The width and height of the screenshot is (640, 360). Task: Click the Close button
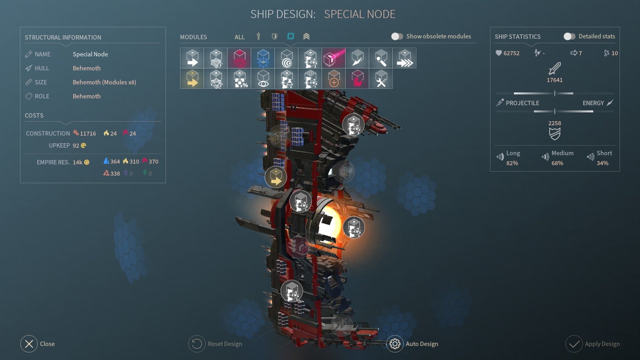(29, 344)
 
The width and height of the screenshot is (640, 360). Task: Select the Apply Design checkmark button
(574, 344)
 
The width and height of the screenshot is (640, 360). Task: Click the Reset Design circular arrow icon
(196, 344)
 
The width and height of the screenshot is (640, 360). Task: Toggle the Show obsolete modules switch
(397, 36)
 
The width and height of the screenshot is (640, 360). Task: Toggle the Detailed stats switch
(569, 36)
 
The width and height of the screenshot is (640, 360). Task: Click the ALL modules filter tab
(240, 37)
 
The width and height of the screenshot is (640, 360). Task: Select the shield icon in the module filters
(274, 36)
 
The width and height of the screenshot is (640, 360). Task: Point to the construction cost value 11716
(88, 134)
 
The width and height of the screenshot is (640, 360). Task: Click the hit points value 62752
(511, 53)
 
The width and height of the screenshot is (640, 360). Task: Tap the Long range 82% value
(512, 163)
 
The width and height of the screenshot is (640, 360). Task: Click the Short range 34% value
(602, 163)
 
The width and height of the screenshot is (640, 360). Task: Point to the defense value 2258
(554, 123)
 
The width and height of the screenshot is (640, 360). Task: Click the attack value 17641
(554, 80)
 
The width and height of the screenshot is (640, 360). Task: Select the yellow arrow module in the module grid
(192, 78)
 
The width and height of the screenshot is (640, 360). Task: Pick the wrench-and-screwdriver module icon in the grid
(381, 78)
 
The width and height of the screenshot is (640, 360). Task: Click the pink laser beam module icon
(334, 58)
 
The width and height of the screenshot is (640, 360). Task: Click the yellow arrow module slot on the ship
(276, 177)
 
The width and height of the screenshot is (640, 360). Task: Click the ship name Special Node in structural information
(90, 54)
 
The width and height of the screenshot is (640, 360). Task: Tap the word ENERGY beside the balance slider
(593, 103)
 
